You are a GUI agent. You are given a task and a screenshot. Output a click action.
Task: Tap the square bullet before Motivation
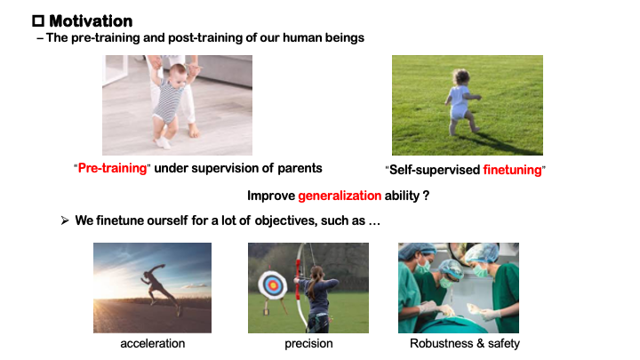point(38,20)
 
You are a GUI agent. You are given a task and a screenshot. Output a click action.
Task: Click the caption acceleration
point(152,343)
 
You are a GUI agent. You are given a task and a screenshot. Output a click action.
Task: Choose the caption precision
point(308,343)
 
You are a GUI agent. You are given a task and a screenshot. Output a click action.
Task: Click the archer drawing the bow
point(318,293)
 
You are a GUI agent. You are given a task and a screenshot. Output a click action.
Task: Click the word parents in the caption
point(300,167)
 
